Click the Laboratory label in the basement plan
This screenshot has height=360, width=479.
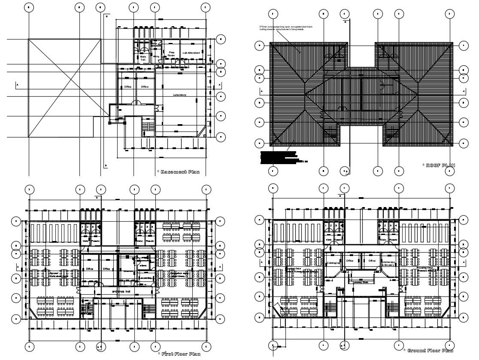[x=179, y=95]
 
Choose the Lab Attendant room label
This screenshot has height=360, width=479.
[x=191, y=53]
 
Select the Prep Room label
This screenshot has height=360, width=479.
[x=171, y=54]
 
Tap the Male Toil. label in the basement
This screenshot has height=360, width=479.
[x=143, y=58]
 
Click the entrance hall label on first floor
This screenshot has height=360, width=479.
[x=121, y=292]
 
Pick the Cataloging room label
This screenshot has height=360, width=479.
[x=333, y=263]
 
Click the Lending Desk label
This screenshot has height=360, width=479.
[x=361, y=282]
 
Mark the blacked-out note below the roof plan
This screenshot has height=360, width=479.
[x=279, y=157]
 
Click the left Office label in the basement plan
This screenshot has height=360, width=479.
[x=127, y=87]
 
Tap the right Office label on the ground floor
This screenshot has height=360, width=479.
[x=372, y=260]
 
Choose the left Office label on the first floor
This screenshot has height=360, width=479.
[x=89, y=269]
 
